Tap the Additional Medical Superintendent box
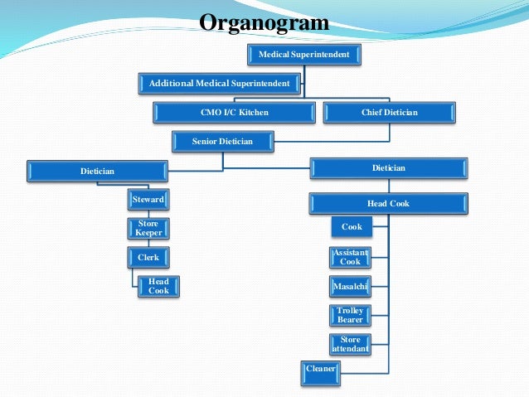(219, 83)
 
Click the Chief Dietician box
(389, 112)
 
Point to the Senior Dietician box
(222, 142)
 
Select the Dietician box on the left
(97, 172)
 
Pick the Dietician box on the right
(388, 168)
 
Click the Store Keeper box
(148, 228)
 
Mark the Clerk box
(148, 257)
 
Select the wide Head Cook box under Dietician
(388, 203)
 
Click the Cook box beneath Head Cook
(351, 226)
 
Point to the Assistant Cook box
(351, 257)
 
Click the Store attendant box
(351, 344)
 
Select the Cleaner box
(321, 368)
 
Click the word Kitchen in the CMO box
(253, 112)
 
